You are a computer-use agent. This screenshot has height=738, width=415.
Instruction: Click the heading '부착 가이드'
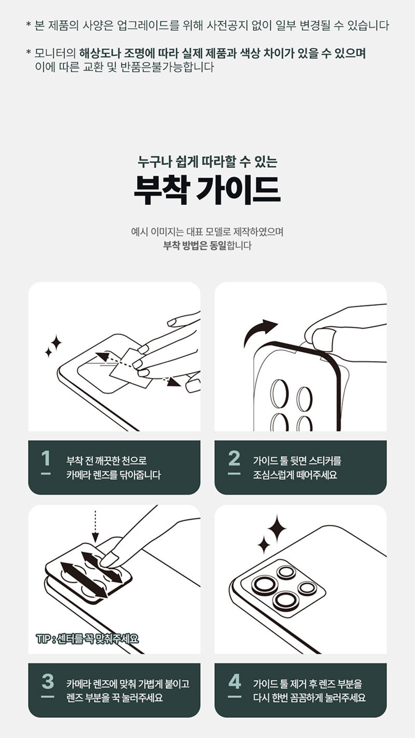[207, 190]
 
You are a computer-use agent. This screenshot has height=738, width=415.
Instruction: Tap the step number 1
[46, 458]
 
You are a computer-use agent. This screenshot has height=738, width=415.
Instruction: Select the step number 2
[234, 458]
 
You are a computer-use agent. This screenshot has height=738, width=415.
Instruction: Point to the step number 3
[48, 681]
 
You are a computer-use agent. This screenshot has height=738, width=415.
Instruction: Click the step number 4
[235, 681]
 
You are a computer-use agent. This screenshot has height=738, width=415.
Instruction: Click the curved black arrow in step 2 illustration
[259, 331]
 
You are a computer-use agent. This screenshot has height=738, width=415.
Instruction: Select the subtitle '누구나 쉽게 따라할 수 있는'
[207, 161]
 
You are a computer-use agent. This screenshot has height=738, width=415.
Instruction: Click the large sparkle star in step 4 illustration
[277, 529]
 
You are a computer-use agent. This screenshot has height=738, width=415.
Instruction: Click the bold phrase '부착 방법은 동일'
[194, 246]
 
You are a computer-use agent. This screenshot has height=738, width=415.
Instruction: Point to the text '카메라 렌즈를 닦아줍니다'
[113, 475]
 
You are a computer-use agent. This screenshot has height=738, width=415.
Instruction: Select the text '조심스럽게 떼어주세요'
[295, 475]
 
